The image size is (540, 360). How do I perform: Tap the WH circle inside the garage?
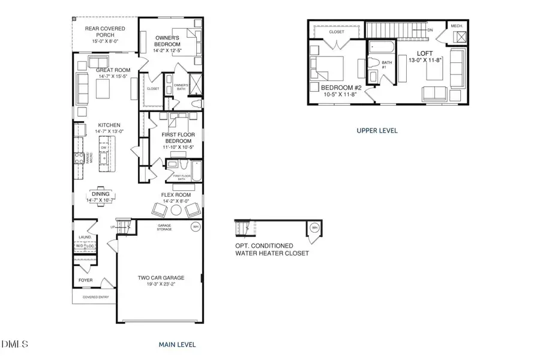pyautogui.click(x=196, y=227)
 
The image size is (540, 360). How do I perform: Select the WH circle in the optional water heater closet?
pyautogui.click(x=314, y=227)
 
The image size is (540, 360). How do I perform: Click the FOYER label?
pyautogui.click(x=86, y=280)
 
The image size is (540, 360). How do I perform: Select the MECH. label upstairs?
pyautogui.click(x=457, y=26)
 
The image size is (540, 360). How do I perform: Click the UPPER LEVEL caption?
pyautogui.click(x=376, y=130)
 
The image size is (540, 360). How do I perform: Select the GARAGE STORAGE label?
pyautogui.click(x=164, y=227)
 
